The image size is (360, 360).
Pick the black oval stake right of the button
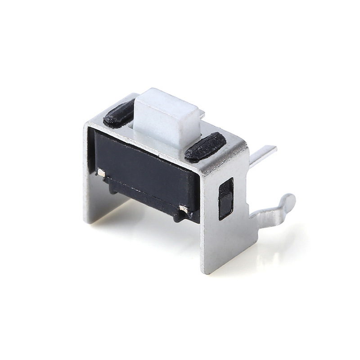point(205,146)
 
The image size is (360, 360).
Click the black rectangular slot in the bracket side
point(225,198)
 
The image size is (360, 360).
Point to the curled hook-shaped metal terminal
point(274,211)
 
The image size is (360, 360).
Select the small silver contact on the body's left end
point(101,172)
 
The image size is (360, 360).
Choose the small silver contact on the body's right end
point(183,209)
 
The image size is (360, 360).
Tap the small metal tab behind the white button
point(202,115)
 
